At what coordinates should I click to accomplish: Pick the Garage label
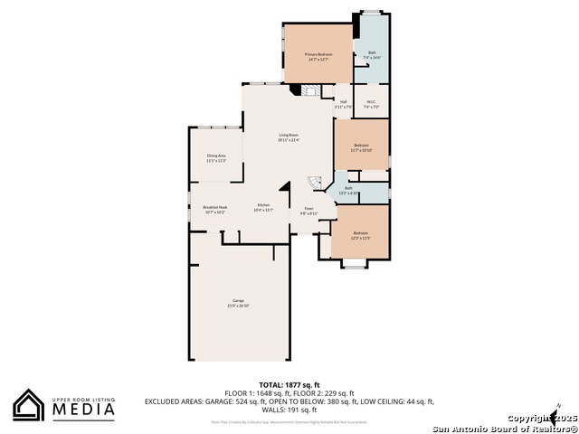click(x=238, y=302)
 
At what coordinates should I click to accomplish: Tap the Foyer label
click(x=308, y=211)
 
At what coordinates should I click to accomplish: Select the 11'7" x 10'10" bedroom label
click(x=361, y=147)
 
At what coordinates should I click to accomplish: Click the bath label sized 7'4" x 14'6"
click(x=372, y=55)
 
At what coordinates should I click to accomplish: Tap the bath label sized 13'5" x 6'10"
click(x=348, y=190)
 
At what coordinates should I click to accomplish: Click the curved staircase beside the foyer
click(x=315, y=183)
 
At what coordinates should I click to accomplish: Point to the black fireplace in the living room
click(x=292, y=90)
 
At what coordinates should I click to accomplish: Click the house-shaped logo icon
click(x=29, y=405)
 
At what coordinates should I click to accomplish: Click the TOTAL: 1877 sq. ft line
click(x=289, y=384)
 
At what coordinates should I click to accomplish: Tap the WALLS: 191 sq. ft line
click(x=289, y=410)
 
